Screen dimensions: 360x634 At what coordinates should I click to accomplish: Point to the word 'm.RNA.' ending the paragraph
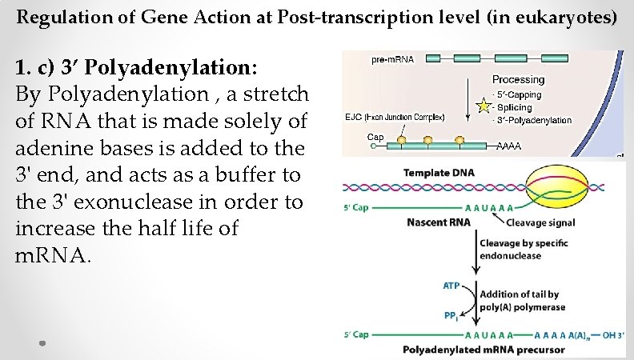pyautogui.click(x=54, y=255)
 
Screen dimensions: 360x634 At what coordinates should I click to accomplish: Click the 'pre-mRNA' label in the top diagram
pyautogui.click(x=392, y=60)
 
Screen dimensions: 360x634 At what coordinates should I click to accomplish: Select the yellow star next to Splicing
pyautogui.click(x=483, y=105)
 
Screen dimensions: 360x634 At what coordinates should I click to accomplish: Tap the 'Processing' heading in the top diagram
pyautogui.click(x=518, y=79)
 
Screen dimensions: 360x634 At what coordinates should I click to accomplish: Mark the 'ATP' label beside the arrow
pyautogui.click(x=451, y=286)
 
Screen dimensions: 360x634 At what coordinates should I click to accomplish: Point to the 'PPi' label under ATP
pyautogui.click(x=451, y=315)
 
